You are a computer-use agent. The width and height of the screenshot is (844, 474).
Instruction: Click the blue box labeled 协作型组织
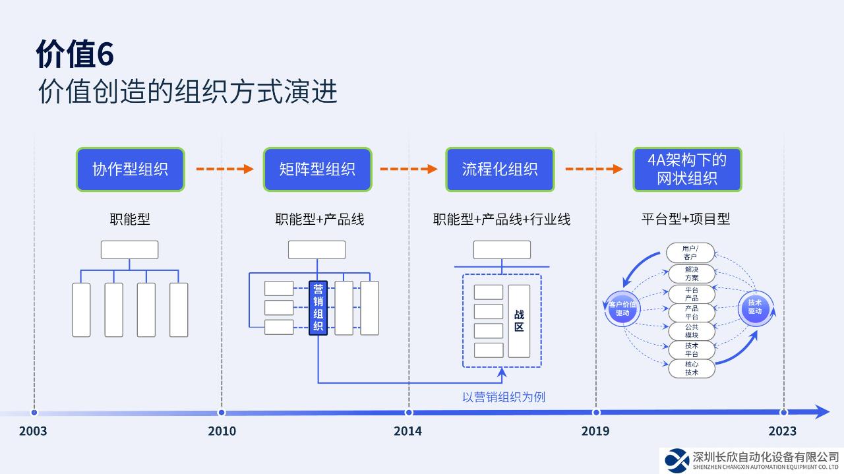[130, 169]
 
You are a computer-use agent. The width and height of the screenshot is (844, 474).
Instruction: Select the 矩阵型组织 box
[317, 169]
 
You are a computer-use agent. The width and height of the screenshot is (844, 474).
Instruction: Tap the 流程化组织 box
[500, 169]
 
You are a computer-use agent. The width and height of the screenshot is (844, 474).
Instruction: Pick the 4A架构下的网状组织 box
[687, 169]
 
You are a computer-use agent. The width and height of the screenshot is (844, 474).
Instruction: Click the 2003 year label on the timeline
[33, 431]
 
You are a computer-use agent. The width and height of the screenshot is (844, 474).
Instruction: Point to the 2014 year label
[407, 431]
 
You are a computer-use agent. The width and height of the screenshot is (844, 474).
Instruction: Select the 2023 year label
[782, 431]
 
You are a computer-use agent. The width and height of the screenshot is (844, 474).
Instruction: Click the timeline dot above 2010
[222, 413]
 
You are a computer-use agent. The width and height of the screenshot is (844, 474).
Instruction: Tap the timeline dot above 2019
[596, 413]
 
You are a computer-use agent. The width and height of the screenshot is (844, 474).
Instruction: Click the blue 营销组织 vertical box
[318, 308]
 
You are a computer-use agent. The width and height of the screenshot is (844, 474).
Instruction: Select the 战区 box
[519, 321]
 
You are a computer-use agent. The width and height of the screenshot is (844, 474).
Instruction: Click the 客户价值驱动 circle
[622, 309]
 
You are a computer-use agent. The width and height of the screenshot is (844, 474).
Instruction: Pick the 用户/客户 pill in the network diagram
[691, 252]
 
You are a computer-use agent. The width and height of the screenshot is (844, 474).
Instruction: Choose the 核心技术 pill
[691, 368]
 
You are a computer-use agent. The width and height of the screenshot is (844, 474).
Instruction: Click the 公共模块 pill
[691, 331]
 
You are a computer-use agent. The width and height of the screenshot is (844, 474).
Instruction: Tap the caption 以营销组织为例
[504, 397]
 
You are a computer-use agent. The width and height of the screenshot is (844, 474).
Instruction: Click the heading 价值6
[75, 54]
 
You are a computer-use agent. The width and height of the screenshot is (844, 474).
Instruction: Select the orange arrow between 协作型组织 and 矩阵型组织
[224, 169]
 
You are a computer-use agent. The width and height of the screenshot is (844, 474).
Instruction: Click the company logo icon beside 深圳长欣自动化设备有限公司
[676, 459]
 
